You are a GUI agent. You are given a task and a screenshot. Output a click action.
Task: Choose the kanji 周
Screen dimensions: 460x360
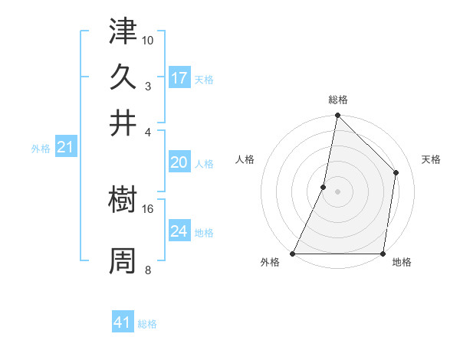(x=123, y=260)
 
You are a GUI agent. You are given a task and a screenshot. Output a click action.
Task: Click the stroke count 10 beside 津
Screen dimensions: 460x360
(x=148, y=40)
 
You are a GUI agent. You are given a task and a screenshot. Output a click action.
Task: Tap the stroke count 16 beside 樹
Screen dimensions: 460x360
(x=148, y=208)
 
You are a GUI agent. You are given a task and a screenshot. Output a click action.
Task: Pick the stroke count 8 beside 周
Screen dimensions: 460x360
(x=148, y=270)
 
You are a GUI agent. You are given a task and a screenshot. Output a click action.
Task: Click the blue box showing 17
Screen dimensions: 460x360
(x=179, y=78)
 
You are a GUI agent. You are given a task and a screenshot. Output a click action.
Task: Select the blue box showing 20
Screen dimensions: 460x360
(x=179, y=162)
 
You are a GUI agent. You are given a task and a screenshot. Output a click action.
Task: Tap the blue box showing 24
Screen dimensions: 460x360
(x=179, y=231)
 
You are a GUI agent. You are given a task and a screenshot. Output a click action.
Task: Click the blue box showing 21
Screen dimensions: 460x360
(x=65, y=147)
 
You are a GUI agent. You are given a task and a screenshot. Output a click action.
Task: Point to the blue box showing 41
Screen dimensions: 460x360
(x=123, y=322)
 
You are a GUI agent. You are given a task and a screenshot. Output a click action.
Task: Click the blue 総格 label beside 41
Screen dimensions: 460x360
(x=147, y=324)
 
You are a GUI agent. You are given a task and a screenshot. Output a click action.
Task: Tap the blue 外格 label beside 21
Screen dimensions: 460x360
(x=41, y=149)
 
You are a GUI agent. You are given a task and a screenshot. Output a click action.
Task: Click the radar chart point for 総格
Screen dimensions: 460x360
(x=337, y=116)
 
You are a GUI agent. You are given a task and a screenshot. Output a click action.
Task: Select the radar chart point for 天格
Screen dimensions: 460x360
(x=396, y=172)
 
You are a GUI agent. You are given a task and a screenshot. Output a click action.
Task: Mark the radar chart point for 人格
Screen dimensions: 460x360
(x=324, y=187)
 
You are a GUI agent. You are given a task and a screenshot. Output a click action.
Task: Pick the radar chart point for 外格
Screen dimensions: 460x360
(x=293, y=253)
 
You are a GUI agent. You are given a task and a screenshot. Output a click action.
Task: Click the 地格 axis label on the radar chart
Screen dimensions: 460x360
(x=402, y=263)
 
